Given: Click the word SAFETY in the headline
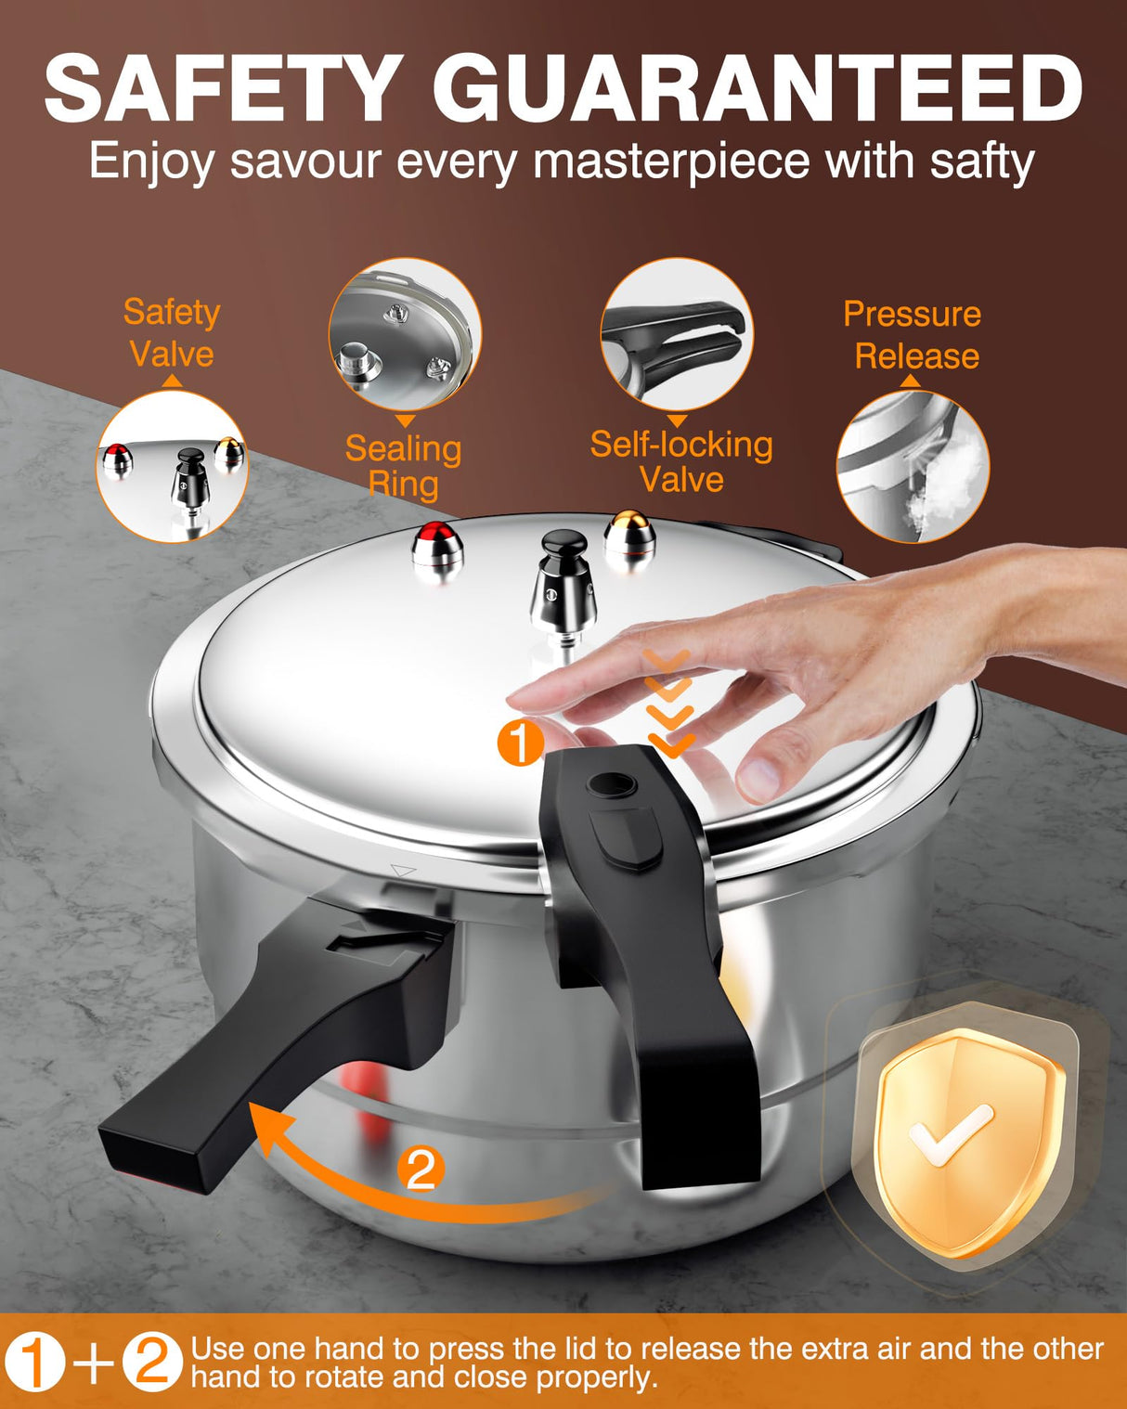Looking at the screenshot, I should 223,89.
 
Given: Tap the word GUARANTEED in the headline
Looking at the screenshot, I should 757,89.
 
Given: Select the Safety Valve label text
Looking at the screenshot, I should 172,332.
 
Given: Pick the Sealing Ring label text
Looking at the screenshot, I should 403,466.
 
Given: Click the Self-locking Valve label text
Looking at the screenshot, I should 681,462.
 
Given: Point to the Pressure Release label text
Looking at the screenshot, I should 913,335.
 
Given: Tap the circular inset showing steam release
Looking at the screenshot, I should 913,466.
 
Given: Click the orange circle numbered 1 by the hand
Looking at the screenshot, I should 520,743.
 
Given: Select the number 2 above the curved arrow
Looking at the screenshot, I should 421,1170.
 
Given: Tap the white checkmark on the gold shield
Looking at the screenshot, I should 949,1134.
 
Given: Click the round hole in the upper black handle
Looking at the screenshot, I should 612,787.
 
